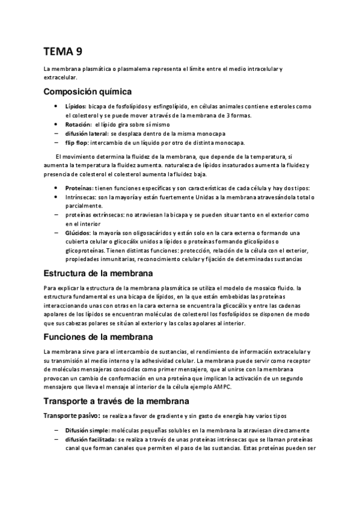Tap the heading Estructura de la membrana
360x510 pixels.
[99, 274]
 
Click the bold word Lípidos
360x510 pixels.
[76, 106]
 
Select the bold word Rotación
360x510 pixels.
[78, 124]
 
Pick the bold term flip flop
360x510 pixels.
[76, 143]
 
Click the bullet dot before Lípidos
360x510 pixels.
[56, 106]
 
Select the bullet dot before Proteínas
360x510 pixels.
[56, 188]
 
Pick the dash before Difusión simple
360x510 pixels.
[56, 430]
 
